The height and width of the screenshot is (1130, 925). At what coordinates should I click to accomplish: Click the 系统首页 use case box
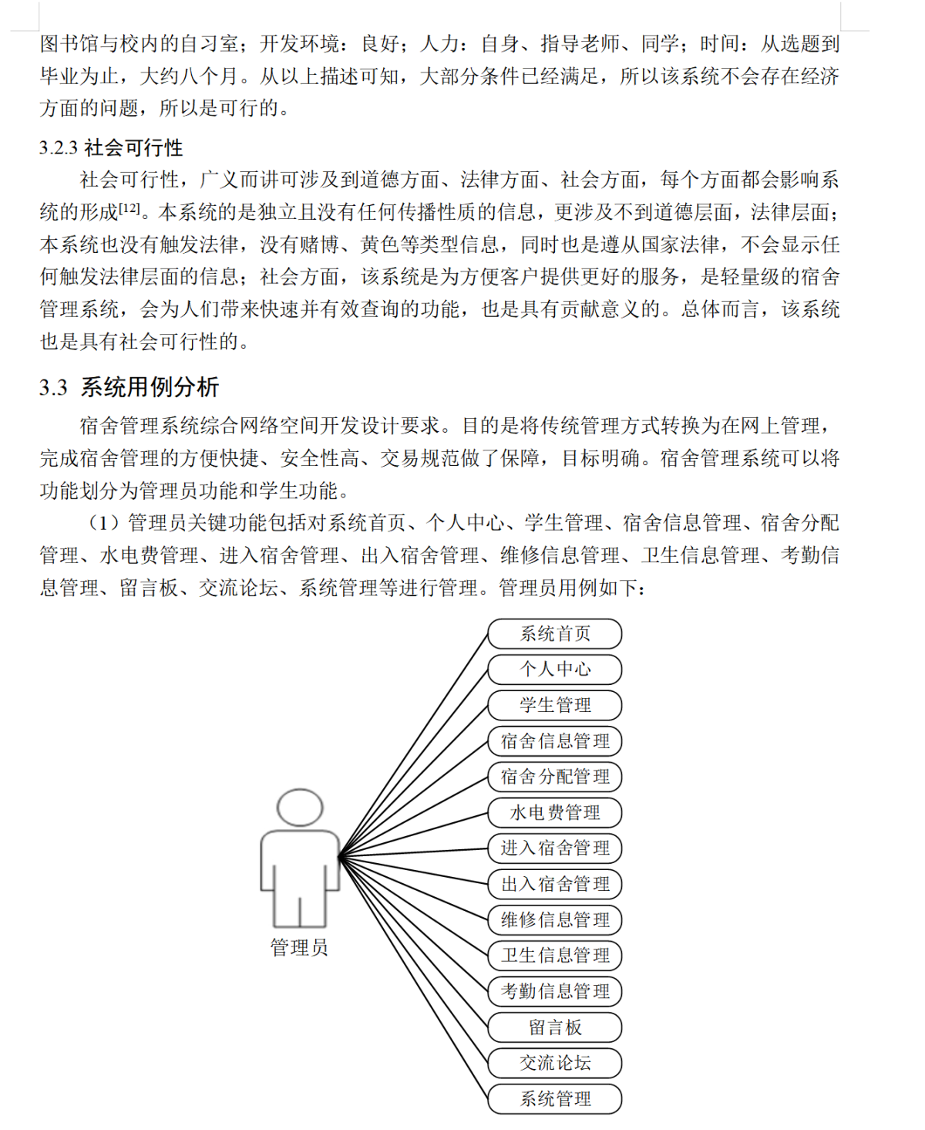point(555,633)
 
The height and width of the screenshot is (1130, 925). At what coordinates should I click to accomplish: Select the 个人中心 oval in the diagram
point(555,669)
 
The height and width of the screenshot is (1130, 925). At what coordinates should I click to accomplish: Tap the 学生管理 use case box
point(555,705)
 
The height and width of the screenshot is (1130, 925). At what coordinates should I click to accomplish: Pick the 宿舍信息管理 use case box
point(555,741)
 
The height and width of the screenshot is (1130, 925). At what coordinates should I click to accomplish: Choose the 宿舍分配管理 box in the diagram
point(555,777)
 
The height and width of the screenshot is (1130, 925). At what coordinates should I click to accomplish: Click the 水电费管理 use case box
point(555,812)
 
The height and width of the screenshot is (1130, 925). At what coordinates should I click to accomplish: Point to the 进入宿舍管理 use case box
point(555,848)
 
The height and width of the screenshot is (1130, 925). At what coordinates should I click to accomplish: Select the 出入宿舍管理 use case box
point(555,884)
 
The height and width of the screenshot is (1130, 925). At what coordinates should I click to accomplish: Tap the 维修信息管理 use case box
point(555,919)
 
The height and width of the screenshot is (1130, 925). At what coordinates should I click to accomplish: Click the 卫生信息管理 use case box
point(555,956)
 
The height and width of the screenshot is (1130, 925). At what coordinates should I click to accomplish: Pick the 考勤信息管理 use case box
point(555,991)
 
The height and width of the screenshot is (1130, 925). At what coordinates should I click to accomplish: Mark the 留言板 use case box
point(555,1027)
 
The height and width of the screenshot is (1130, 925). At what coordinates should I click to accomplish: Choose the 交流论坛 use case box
point(555,1063)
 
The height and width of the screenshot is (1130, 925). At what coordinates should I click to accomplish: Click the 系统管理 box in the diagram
point(555,1099)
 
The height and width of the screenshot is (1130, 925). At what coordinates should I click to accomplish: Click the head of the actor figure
point(300,808)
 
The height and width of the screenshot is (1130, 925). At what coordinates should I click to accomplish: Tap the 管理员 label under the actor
point(299,947)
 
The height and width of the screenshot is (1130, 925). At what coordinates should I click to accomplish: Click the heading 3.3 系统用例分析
point(129,387)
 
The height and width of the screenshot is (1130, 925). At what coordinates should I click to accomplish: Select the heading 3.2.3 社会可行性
point(111,148)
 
